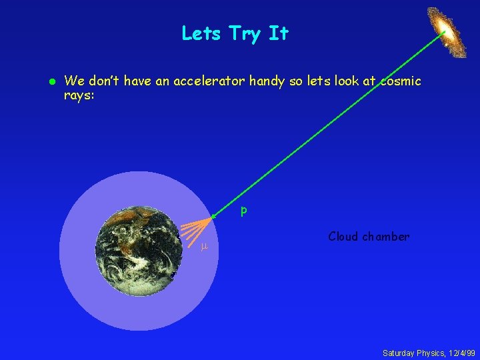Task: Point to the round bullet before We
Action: (x=50, y=81)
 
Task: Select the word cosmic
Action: (x=401, y=81)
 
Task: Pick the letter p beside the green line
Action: (x=244, y=211)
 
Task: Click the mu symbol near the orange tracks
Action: (x=205, y=247)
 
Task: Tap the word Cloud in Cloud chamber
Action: (x=343, y=237)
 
